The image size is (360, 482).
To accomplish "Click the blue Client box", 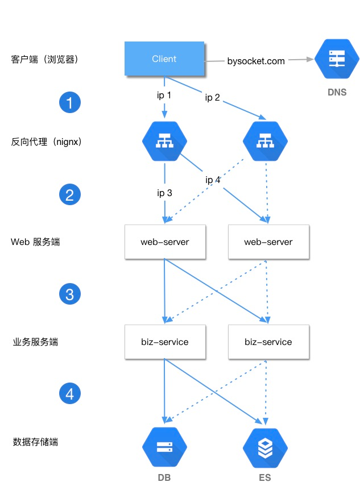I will coord(164,59).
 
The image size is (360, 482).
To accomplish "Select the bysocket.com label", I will coord(256,61).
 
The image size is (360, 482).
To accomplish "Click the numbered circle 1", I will coord(70,103).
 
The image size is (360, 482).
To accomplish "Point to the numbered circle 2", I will coord(70,195).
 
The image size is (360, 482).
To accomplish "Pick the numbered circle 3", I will coord(70,294).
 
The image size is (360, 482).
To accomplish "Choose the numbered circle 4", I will coord(70,393).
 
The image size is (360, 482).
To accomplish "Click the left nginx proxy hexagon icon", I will coord(164,141).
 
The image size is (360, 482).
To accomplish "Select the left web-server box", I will coord(165,242).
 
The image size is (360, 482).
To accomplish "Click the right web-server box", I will coord(268,242).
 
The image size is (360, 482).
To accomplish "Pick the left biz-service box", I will coord(165,342).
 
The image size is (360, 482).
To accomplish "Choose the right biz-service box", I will coord(268,342).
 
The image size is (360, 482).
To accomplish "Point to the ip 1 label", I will coord(164,95).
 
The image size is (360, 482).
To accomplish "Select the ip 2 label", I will coord(213,97).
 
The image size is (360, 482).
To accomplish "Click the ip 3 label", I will coord(164,193).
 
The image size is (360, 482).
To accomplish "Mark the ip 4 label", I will coord(213,180).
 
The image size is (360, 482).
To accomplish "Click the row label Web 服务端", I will coord(35,242).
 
